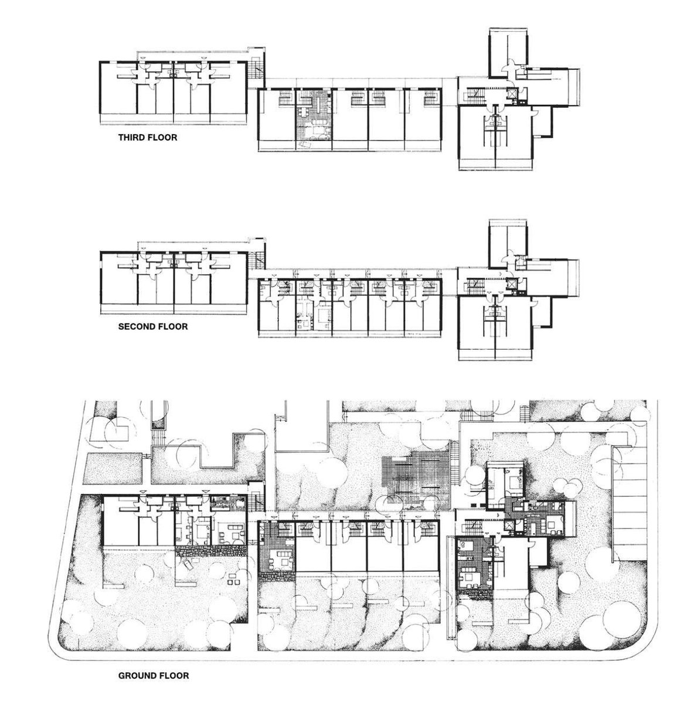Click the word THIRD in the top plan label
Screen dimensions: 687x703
coord(131,138)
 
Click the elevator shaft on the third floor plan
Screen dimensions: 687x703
coord(512,93)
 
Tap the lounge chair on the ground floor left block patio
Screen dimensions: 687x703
coord(187,562)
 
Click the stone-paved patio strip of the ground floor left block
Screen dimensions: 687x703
coord(212,550)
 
